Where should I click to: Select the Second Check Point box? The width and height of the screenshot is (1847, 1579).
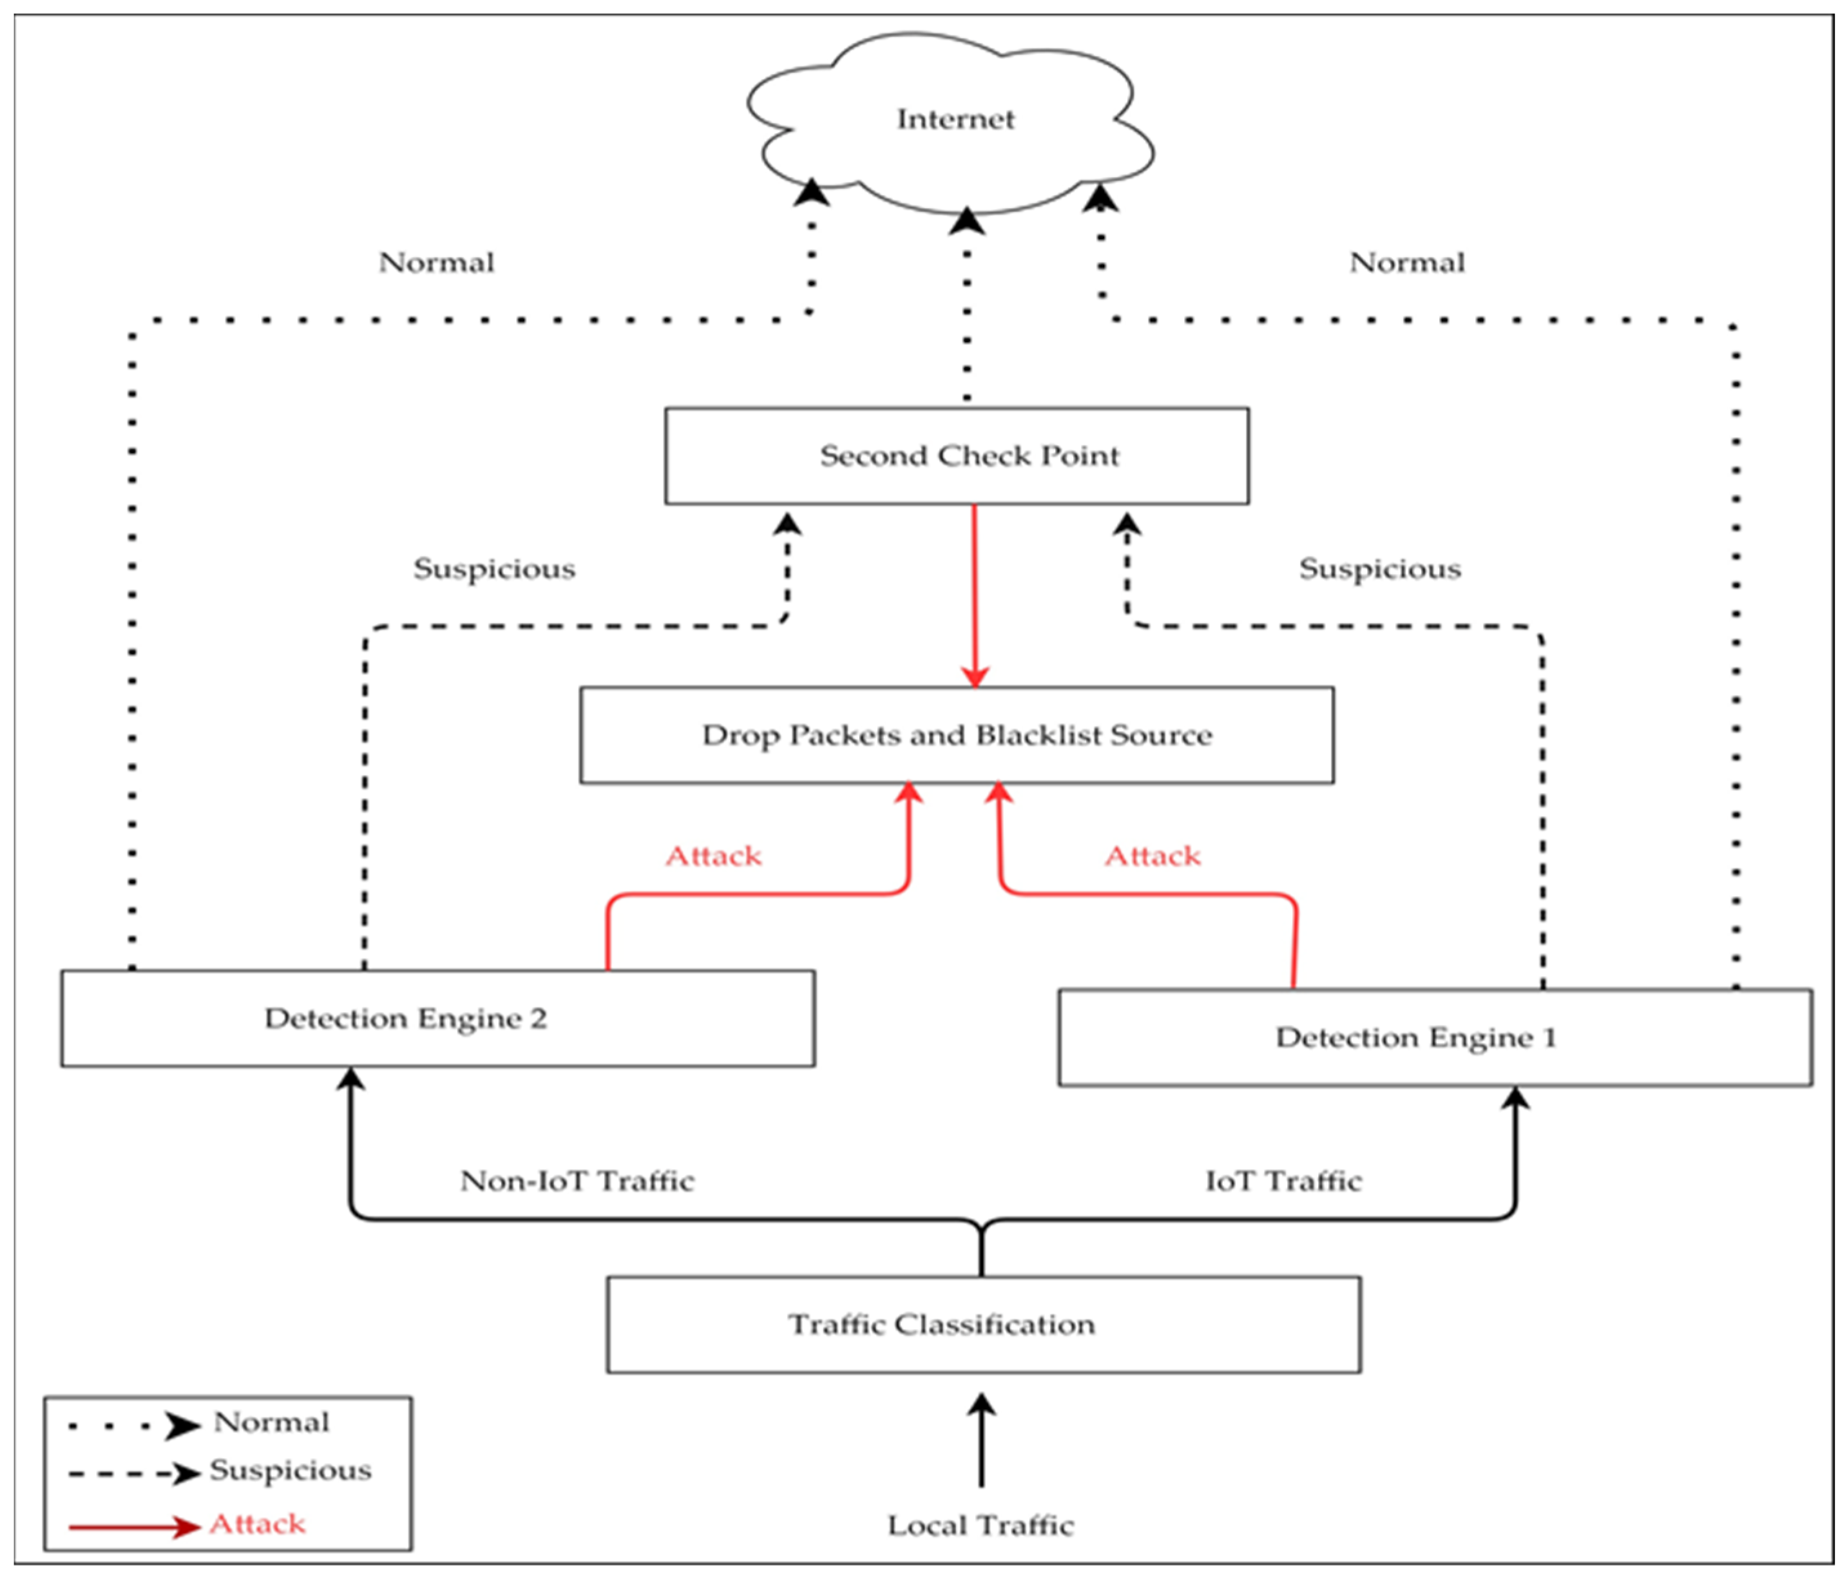[957, 455]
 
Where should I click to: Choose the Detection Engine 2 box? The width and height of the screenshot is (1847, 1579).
[437, 1018]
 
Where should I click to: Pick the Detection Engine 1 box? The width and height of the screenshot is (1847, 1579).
[1435, 1037]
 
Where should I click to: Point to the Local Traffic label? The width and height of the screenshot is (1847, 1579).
[981, 1526]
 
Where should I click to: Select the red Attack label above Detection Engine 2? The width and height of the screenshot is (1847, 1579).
[713, 856]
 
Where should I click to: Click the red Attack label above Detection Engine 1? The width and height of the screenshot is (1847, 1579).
[1153, 856]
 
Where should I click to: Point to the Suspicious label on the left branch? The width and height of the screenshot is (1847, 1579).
[494, 569]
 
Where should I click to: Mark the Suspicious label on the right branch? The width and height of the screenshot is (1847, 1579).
[1380, 569]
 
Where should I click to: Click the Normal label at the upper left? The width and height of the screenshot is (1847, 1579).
[436, 262]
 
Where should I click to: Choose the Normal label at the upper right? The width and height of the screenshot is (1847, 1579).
[1406, 262]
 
